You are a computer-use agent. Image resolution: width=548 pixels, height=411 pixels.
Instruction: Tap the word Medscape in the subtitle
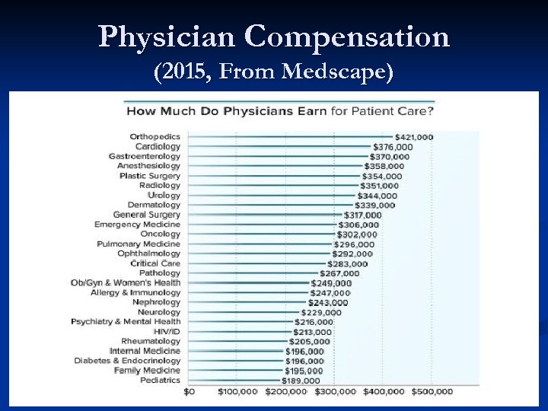338,73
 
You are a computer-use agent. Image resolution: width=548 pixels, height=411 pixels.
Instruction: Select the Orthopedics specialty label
155,137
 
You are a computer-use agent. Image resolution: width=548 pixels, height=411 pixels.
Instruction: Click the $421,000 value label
413,137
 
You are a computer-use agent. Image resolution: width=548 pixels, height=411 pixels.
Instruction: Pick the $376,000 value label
393,147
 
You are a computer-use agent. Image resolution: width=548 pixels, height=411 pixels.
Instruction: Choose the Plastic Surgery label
150,176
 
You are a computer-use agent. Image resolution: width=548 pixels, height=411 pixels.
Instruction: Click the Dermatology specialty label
154,205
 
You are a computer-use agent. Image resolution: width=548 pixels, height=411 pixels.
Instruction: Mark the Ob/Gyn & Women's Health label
126,283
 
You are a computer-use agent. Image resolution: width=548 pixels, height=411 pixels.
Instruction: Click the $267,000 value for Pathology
339,273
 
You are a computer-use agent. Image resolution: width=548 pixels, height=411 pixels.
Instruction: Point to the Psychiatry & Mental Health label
126,322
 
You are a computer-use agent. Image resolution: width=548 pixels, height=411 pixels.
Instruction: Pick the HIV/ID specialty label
167,332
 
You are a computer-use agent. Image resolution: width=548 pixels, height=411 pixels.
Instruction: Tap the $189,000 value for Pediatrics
302,381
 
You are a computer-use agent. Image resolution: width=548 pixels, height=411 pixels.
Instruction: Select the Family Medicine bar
236,371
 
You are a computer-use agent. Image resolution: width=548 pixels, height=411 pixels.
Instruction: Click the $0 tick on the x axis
190,392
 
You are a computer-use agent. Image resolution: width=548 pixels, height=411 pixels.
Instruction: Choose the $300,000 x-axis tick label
335,392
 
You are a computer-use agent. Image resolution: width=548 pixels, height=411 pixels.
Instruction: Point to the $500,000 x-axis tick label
432,392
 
